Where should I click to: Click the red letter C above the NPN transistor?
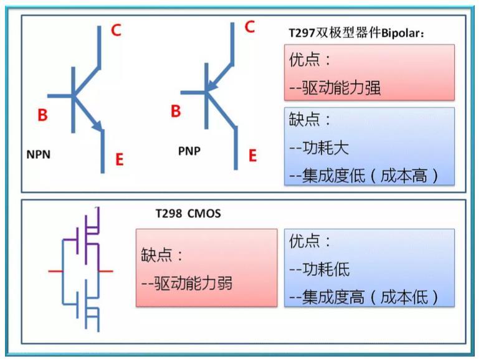[117, 31]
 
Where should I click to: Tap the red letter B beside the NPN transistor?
[42, 115]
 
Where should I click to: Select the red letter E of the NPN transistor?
[120, 159]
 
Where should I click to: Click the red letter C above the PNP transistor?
[250, 27]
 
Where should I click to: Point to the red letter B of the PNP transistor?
[176, 111]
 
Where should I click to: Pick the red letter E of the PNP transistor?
[252, 156]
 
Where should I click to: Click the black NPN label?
[39, 154]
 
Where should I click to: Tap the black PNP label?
[189, 151]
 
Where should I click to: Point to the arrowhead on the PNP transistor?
[212, 86]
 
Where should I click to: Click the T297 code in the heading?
[302, 33]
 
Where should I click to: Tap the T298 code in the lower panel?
[169, 213]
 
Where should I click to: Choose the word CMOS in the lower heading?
[204, 213]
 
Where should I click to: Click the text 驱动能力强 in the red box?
[341, 88]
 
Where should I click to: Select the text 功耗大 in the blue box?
[326, 148]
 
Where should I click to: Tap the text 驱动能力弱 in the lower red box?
[193, 283]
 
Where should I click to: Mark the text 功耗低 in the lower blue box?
[326, 269]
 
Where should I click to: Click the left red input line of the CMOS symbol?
[56, 271]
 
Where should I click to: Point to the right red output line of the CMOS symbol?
[106, 271]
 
